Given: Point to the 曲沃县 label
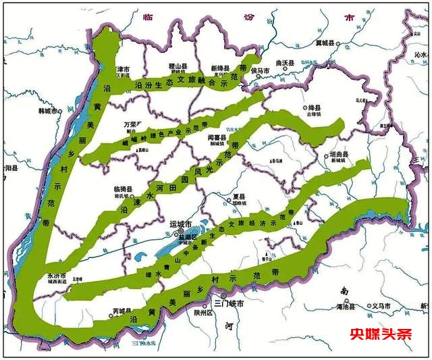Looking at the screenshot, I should tap(285, 63).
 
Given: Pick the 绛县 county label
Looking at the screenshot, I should tap(315, 108).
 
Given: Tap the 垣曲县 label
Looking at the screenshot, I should tap(340, 155).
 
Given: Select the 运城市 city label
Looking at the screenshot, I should tap(180, 223).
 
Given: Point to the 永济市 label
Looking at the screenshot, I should tap(56, 276).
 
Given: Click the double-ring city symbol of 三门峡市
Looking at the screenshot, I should tap(224, 295).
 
